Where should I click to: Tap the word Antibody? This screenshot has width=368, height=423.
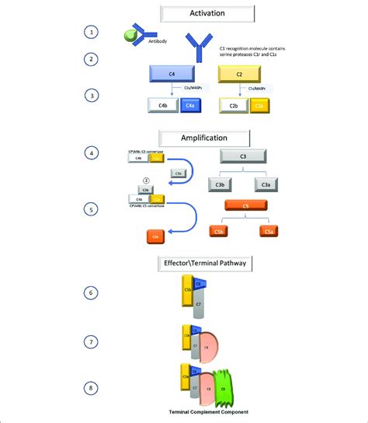(144, 44)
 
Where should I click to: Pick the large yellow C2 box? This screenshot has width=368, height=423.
(246, 75)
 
